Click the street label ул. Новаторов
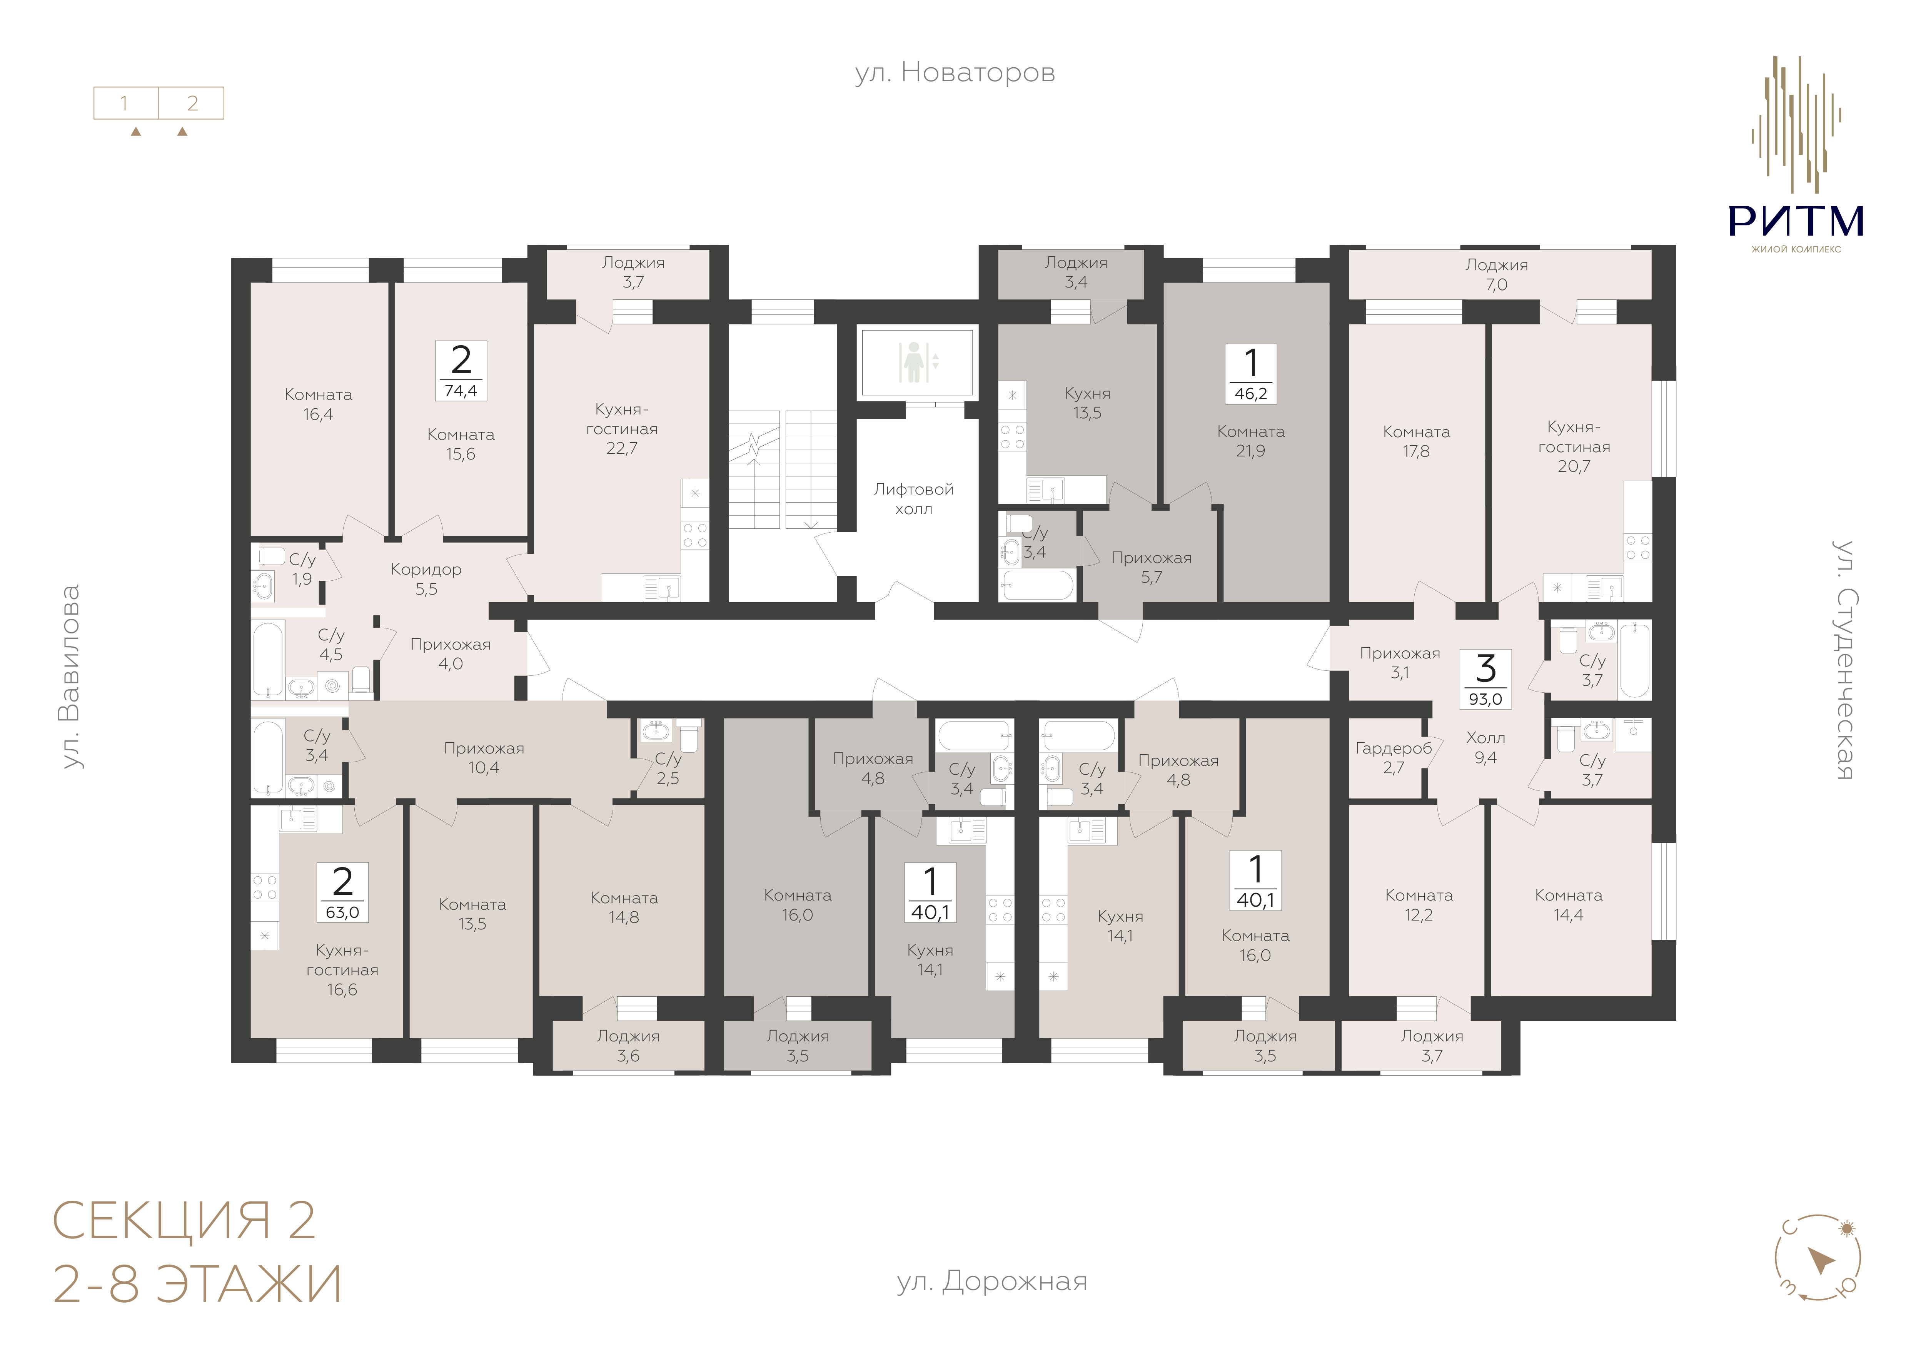pos(955,73)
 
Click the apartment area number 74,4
pos(461,390)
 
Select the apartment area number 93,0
pos(1486,699)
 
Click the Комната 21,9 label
pos(1251,441)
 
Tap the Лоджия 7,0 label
pos(1497,275)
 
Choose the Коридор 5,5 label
pos(426,579)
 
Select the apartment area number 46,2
pos(1251,394)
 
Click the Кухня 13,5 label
pos(1087,403)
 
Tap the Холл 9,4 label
pos(1486,747)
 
